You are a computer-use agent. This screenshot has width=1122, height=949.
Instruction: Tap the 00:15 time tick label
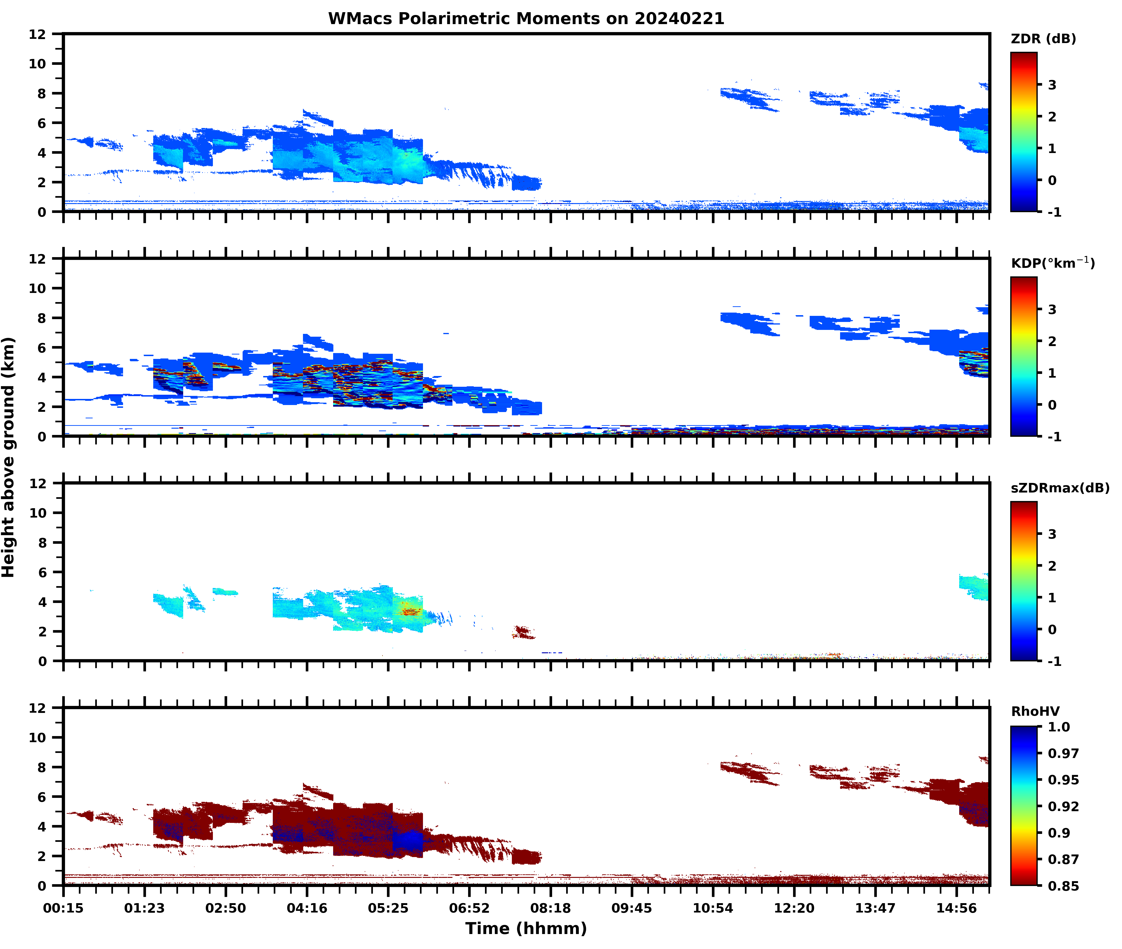(x=63, y=908)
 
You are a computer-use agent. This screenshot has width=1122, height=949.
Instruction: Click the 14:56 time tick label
(x=956, y=908)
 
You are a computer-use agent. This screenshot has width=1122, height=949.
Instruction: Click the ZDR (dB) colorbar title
(x=1043, y=39)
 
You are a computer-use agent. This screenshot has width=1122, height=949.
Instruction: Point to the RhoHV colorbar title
(x=1035, y=711)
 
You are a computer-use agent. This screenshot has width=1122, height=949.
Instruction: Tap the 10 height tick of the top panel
(x=38, y=63)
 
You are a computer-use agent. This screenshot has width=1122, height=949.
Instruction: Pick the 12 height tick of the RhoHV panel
(x=38, y=708)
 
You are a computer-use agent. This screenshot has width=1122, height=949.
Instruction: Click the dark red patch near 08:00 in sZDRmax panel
(x=522, y=632)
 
